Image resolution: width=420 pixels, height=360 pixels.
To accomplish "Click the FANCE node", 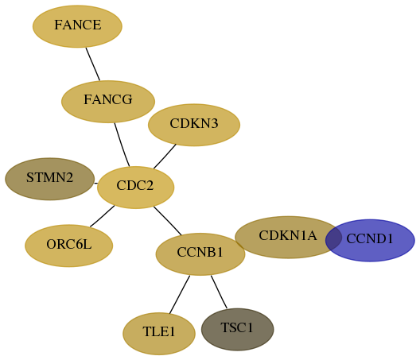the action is pyautogui.click(x=77, y=26).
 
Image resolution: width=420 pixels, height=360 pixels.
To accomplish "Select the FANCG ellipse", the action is pyautogui.click(x=108, y=102).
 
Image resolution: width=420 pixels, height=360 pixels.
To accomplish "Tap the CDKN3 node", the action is pyautogui.click(x=194, y=125).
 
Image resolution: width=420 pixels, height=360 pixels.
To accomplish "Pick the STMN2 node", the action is pyautogui.click(x=50, y=179).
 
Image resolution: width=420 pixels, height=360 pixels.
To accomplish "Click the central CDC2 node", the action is pyautogui.click(x=136, y=188).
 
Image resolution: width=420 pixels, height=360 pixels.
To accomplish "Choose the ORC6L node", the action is pyautogui.click(x=69, y=246).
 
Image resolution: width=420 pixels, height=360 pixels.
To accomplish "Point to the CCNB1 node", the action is pyautogui.click(x=200, y=254).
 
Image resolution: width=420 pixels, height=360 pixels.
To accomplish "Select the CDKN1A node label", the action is pyautogui.click(x=288, y=235).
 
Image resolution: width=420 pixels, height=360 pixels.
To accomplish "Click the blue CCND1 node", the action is pyautogui.click(x=370, y=240).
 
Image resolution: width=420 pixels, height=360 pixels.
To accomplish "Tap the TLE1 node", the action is pyautogui.click(x=159, y=334).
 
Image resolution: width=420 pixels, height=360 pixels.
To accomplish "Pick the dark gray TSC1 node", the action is pyautogui.click(x=238, y=330).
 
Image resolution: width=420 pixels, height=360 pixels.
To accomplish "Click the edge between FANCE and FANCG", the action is pyautogui.click(x=93, y=64).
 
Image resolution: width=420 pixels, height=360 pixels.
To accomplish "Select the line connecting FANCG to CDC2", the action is pyautogui.click(x=122, y=145).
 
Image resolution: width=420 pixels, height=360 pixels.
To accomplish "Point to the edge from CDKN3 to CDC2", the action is pyautogui.click(x=165, y=157).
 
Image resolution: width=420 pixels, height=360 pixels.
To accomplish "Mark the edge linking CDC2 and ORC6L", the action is pyautogui.click(x=103, y=216).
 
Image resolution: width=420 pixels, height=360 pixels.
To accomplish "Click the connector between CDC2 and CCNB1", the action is pyautogui.click(x=168, y=221).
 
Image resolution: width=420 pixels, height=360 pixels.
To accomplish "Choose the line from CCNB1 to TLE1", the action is pyautogui.click(x=180, y=294).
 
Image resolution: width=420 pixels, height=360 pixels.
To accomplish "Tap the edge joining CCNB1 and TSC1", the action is pyautogui.click(x=219, y=292).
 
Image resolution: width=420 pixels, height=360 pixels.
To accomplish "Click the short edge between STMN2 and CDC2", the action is pyautogui.click(x=96, y=184).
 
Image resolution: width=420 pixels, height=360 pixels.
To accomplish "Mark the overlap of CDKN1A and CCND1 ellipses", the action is pyautogui.click(x=333, y=238).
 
